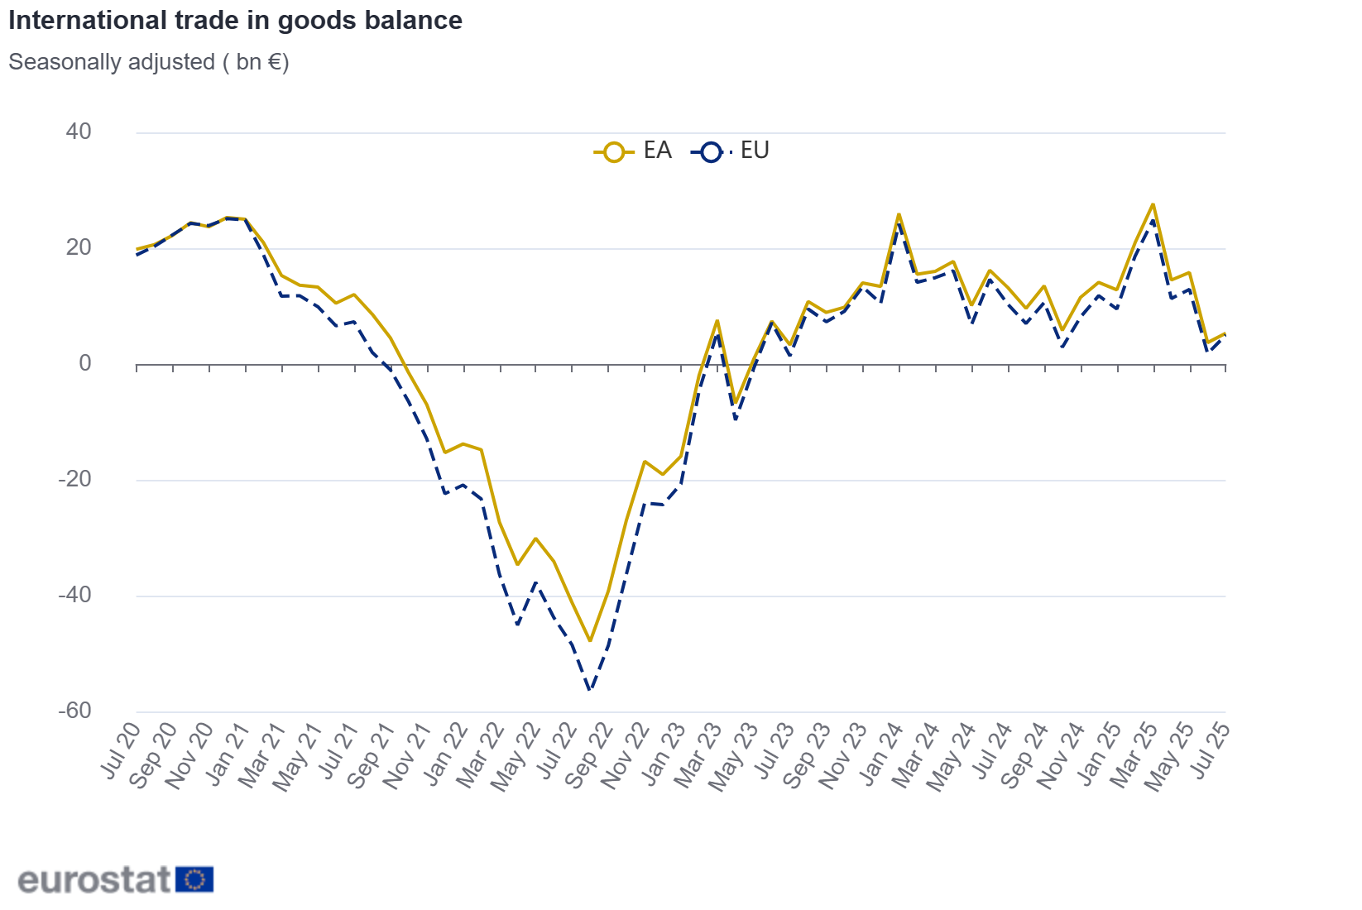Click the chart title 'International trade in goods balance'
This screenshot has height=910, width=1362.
(235, 20)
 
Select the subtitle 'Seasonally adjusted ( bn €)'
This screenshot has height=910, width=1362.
(149, 62)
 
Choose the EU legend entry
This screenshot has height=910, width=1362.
(732, 151)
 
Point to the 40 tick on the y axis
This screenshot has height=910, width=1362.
(79, 132)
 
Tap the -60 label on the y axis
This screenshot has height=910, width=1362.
(74, 711)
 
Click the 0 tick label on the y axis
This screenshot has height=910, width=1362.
(85, 363)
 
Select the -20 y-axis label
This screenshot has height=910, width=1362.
(74, 479)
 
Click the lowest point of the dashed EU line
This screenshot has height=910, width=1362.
(590, 690)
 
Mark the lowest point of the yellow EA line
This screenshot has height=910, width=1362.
(590, 640)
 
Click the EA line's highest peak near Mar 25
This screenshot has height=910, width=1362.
(1153, 204)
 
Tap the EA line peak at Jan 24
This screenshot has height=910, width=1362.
(899, 214)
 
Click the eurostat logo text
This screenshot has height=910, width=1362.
(94, 879)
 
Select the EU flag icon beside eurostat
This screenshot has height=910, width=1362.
(195, 879)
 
